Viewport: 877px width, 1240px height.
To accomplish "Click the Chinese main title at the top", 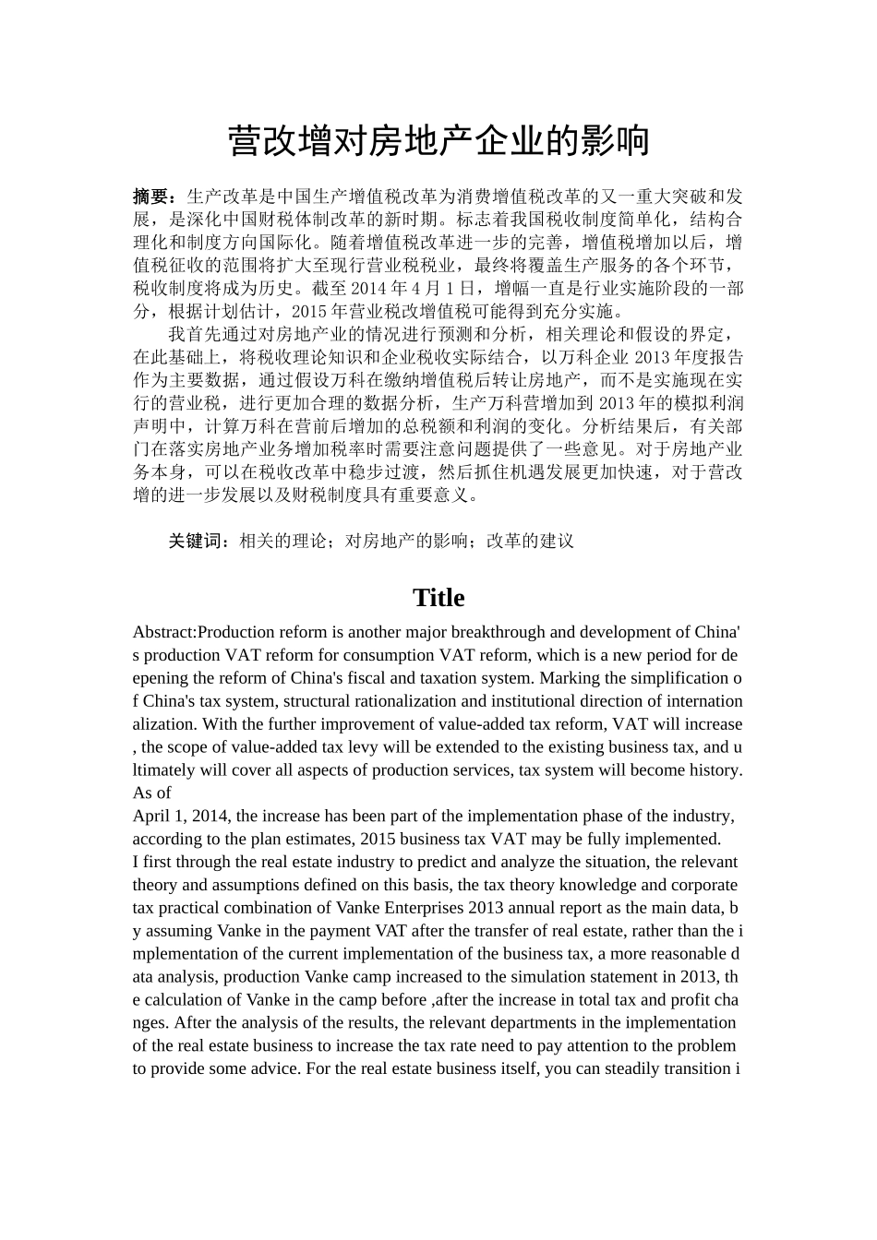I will pyautogui.click(x=438, y=142).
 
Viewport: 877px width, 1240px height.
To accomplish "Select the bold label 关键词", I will pyautogui.click(x=196, y=542).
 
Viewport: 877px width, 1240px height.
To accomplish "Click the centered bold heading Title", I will pyautogui.click(x=438, y=598).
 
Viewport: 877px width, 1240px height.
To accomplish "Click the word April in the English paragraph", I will pyautogui.click(x=151, y=817).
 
